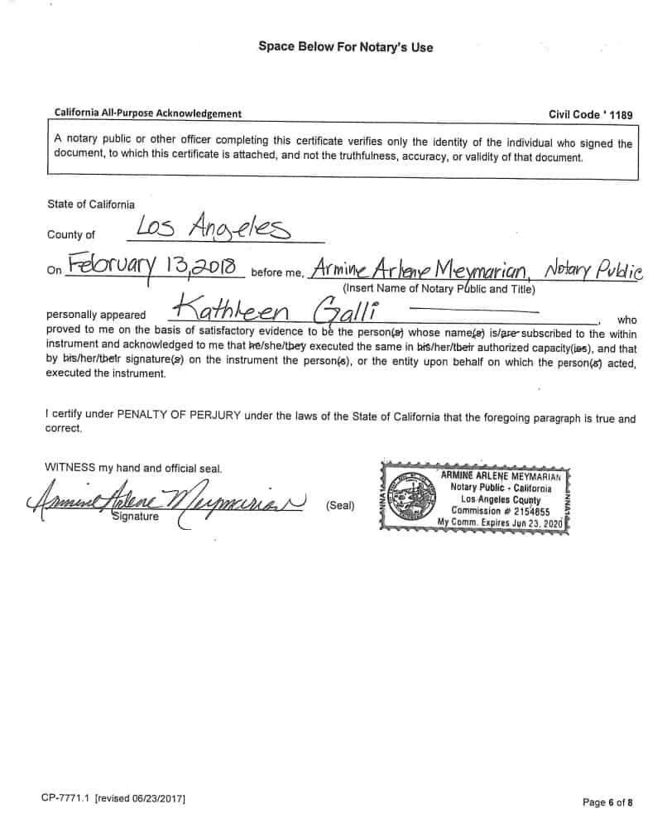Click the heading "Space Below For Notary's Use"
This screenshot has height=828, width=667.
[x=345, y=47]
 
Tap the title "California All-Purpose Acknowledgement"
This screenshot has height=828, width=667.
[x=148, y=113]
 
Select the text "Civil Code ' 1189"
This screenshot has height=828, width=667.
[x=590, y=114]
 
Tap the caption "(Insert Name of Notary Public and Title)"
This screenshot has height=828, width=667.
[x=439, y=289]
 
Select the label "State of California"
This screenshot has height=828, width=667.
[x=91, y=204]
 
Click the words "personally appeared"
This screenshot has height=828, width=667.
[x=97, y=315]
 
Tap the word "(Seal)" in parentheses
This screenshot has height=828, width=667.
[x=340, y=505]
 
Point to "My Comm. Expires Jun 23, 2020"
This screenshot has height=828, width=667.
[x=500, y=523]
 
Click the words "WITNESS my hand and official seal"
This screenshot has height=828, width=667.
[x=133, y=468]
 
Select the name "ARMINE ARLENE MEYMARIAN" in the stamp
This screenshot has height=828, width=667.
[x=501, y=476]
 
